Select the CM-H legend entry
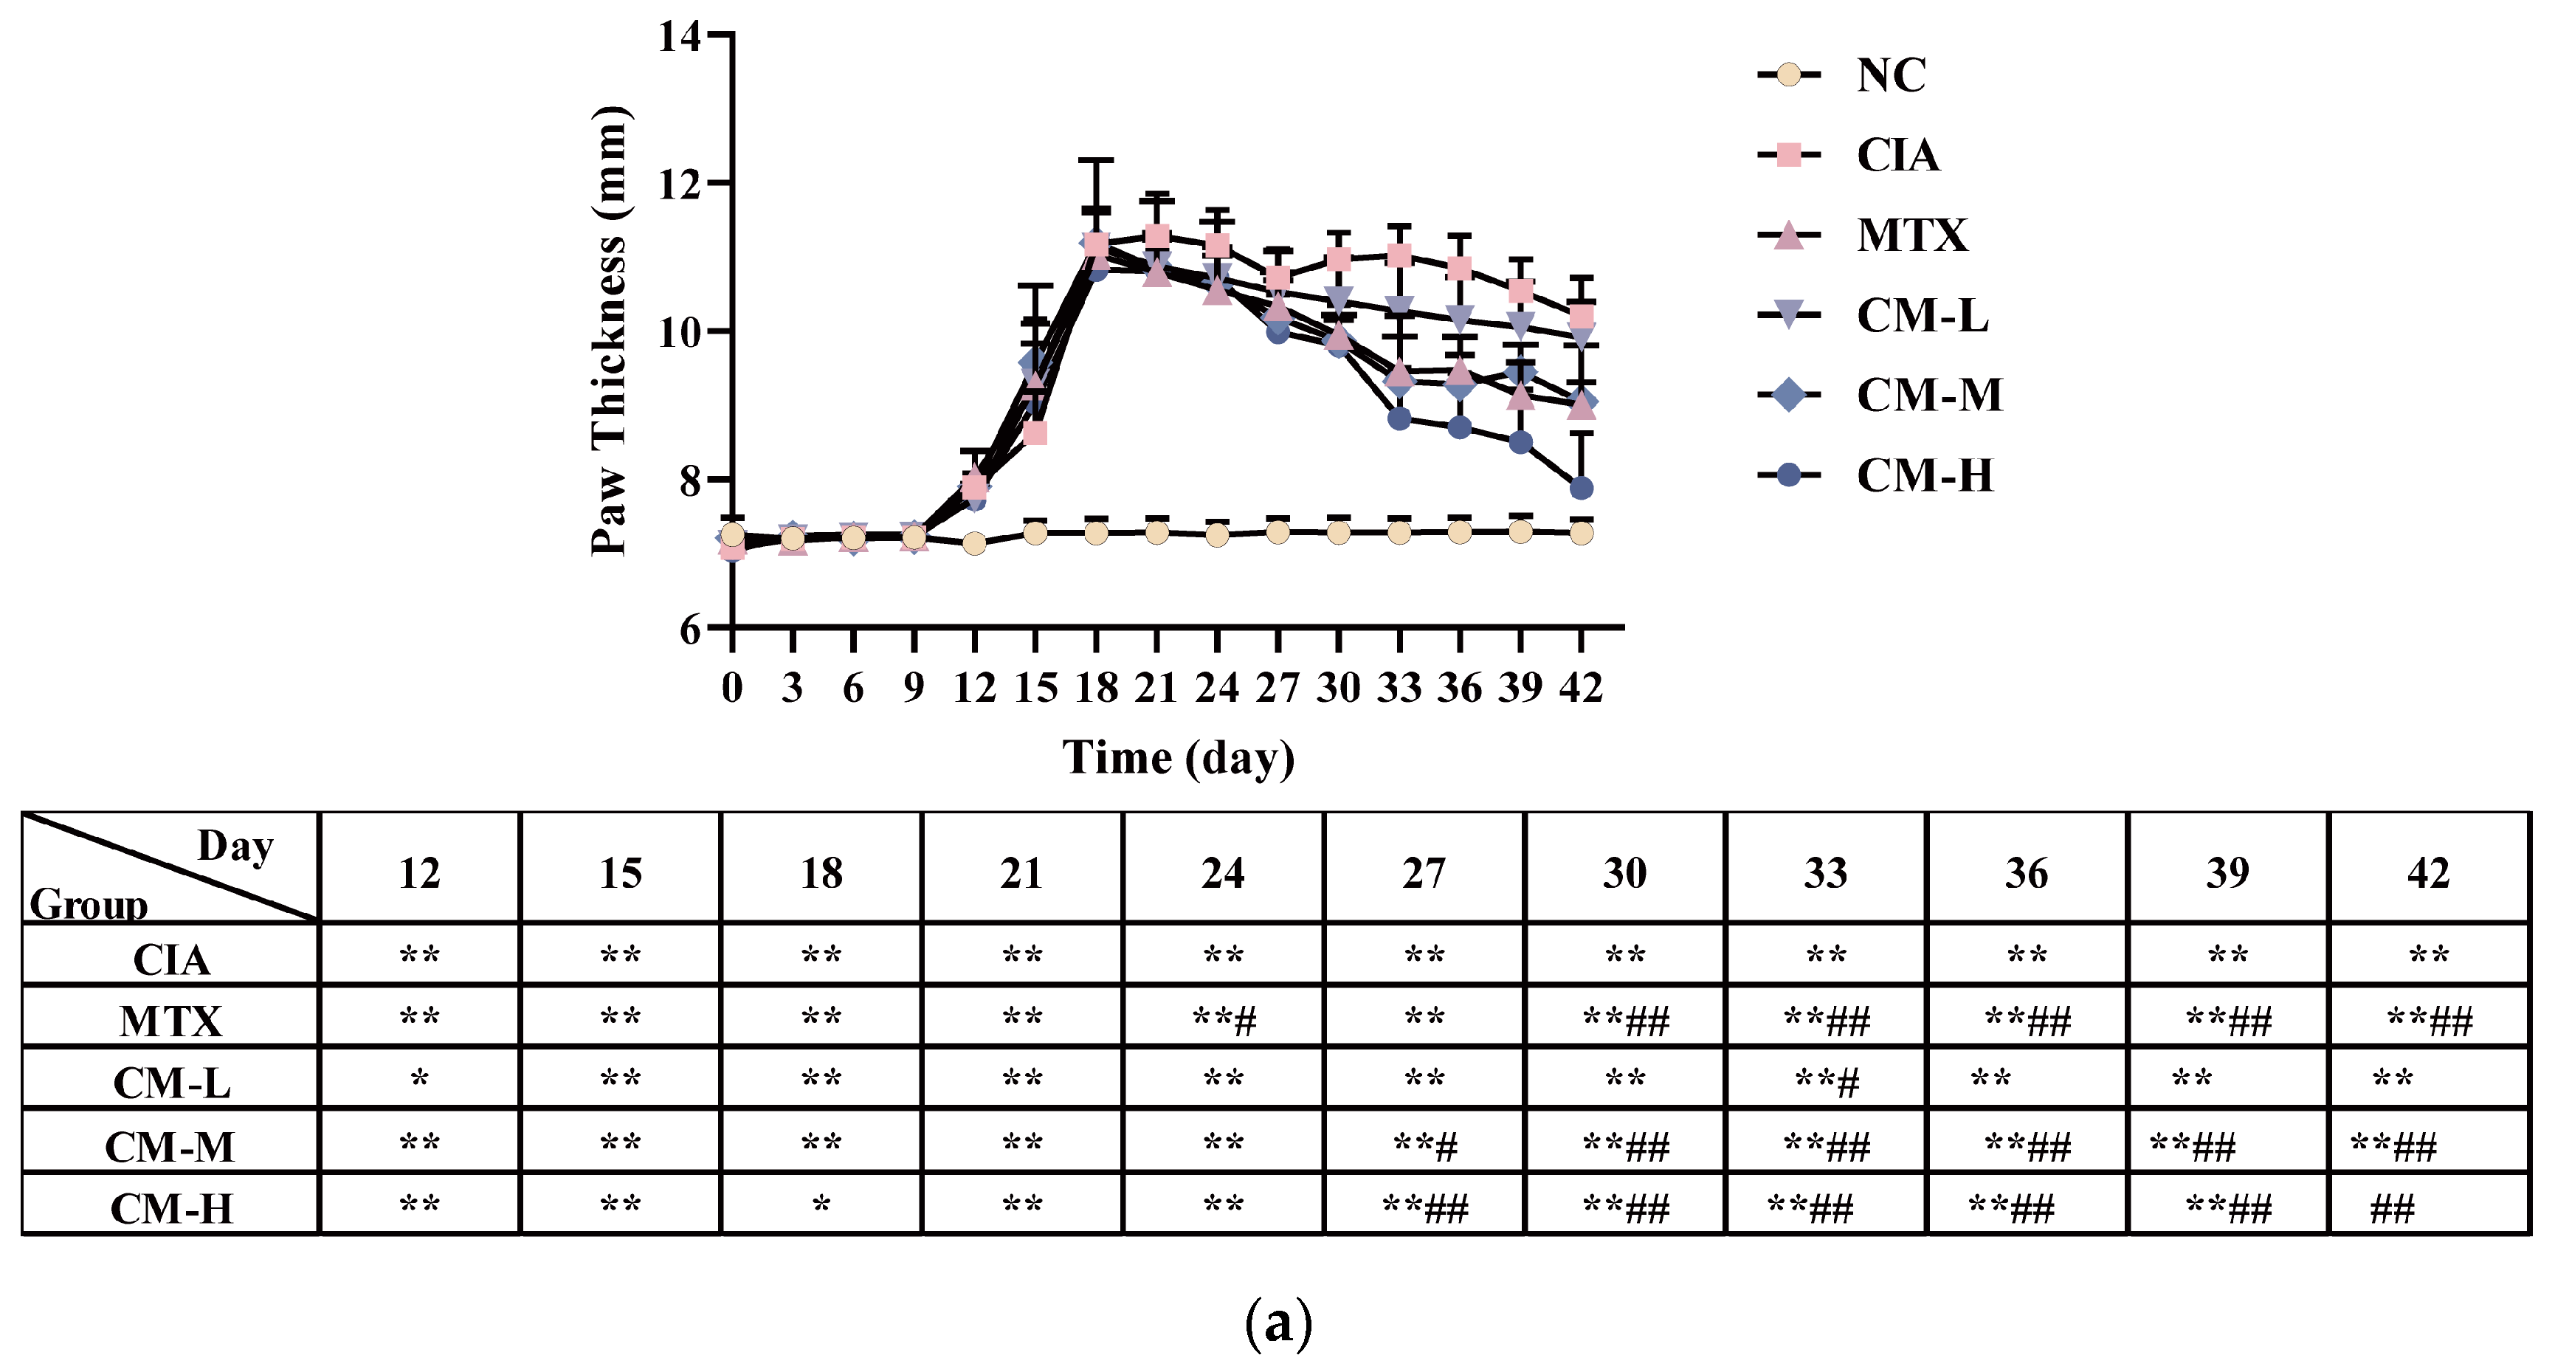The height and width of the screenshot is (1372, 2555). pos(1923,475)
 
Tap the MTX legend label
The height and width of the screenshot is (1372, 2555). pos(1911,235)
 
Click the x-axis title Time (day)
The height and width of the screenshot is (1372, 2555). pos(1179,758)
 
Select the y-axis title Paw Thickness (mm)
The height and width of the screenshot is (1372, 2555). pos(608,331)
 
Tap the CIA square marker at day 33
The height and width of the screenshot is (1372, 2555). pos(1399,256)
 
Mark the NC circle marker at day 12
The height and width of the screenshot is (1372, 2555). pos(974,544)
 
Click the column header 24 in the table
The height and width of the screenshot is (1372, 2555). pos(1223,873)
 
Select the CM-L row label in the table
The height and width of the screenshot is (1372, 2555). pos(172,1082)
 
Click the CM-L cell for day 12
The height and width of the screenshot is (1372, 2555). pos(419,1078)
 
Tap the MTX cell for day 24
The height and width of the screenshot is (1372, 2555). pos(1224,1018)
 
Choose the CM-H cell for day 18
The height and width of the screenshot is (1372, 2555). pos(821,1207)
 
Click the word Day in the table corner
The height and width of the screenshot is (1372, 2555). pos(235,847)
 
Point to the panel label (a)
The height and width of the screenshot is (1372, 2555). pos(1278,1323)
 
